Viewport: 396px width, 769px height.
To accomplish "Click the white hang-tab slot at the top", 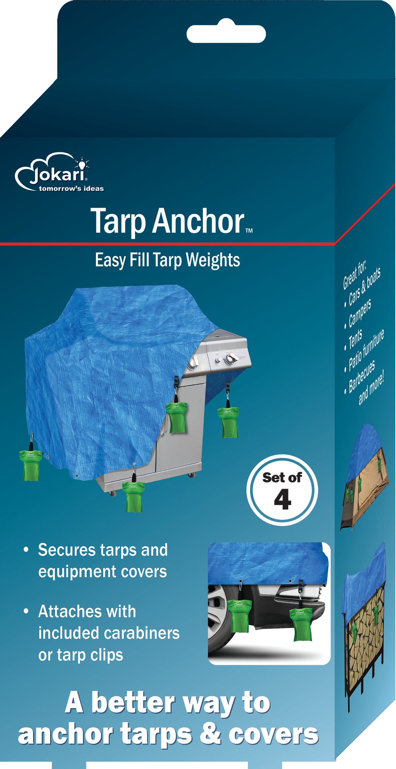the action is point(226,34).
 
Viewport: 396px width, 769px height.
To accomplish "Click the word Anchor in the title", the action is point(198,221).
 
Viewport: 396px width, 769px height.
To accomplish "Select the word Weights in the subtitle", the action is point(213,260).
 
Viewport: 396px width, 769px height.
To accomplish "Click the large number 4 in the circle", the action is point(282,500).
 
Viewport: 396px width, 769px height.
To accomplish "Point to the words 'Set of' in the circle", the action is point(282,477).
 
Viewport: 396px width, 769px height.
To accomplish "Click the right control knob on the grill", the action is point(230,359).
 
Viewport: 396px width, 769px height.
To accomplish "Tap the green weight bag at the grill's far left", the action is point(30,465).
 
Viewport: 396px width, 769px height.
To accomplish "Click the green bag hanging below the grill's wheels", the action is point(133,497).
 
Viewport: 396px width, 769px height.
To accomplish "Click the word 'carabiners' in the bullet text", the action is point(142,633).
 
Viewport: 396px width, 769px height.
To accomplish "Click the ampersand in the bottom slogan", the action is point(210,734).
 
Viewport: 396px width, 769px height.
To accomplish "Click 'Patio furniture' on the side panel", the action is point(366,350).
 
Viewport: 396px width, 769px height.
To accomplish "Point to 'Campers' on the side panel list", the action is point(360,313).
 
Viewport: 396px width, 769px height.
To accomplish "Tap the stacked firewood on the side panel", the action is point(366,623).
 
